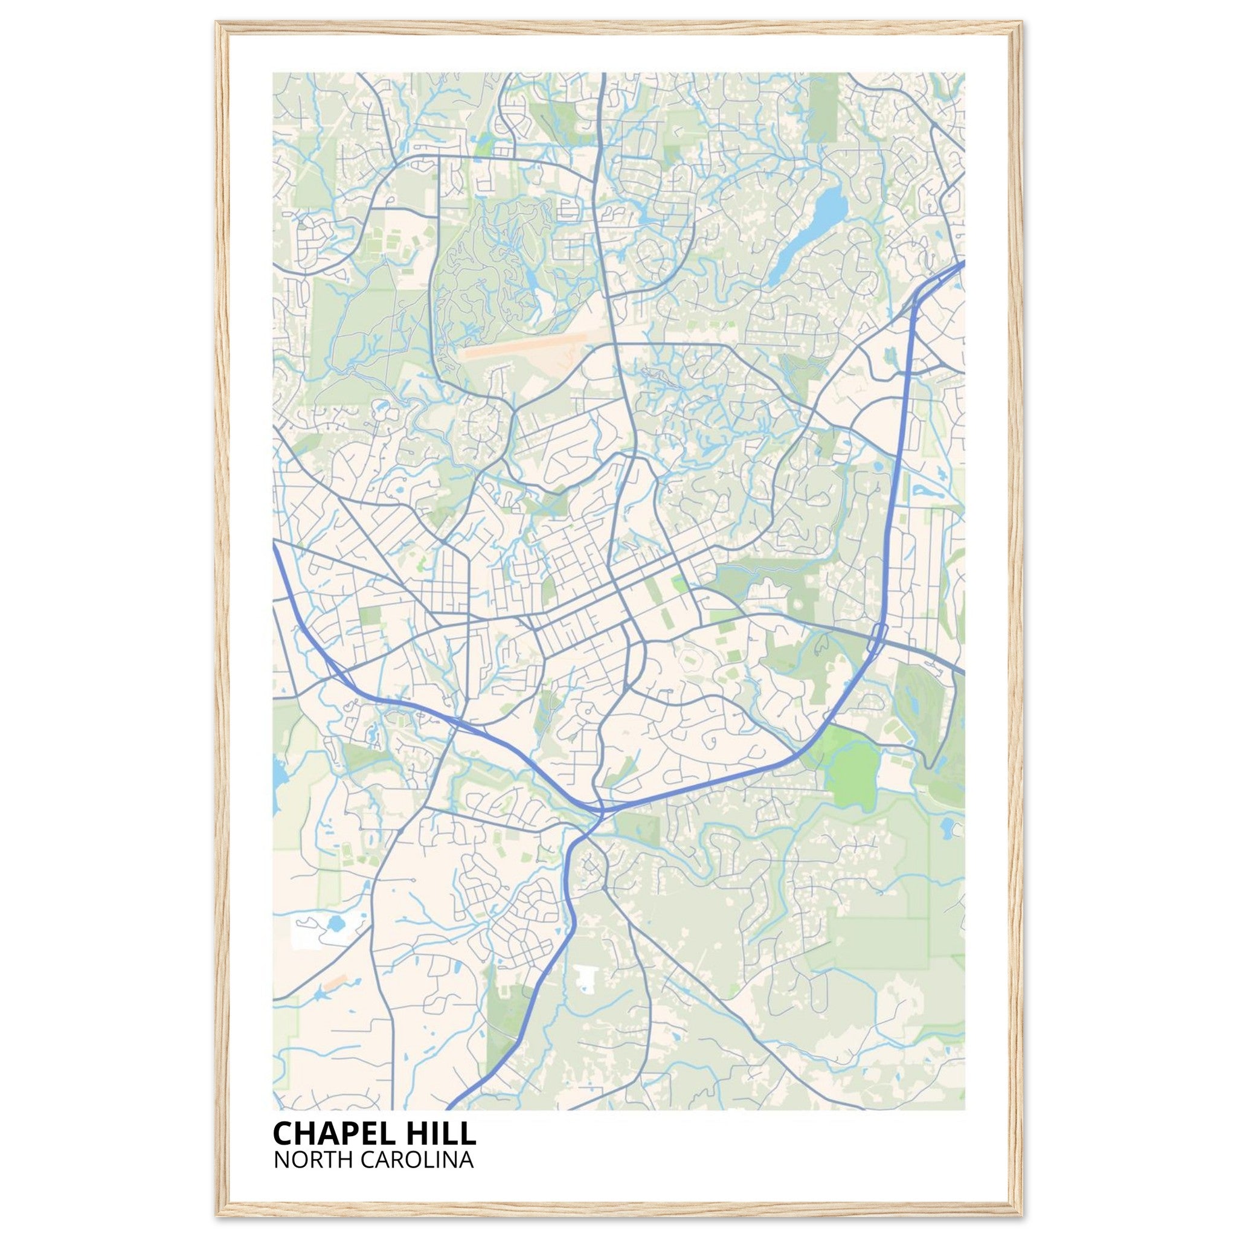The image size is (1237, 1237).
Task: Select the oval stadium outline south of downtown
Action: point(690,658)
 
